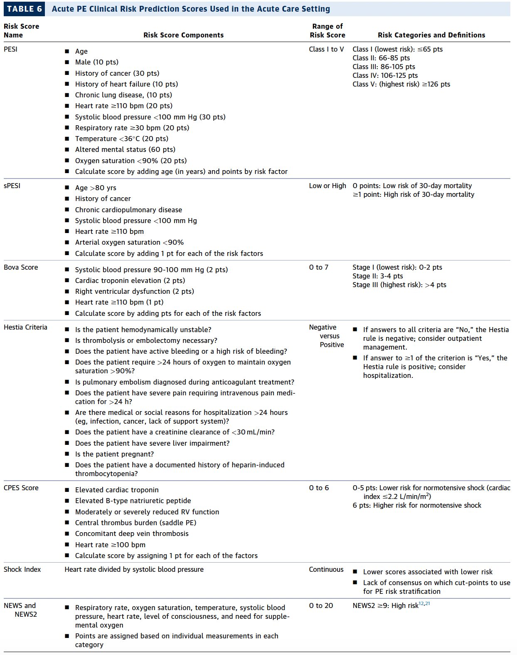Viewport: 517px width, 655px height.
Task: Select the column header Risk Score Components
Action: pyautogui.click(x=183, y=35)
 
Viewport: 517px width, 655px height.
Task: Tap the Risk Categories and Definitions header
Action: pyautogui.click(x=431, y=35)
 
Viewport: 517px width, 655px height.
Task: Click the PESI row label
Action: pyautogui.click(x=10, y=49)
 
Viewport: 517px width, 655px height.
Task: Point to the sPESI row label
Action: pyautogui.click(x=12, y=186)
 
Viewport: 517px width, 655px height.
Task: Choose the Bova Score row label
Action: pyautogui.click(x=21, y=267)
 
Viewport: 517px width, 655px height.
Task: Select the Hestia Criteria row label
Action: pyautogui.click(x=25, y=327)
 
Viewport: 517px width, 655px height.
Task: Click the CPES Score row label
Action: pyautogui.click(x=21, y=488)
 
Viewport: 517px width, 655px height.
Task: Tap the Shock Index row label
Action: pyautogui.click(x=22, y=569)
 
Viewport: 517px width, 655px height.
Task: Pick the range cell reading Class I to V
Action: pyautogui.click(x=326, y=49)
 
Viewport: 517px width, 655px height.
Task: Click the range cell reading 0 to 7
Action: pyautogui.click(x=318, y=267)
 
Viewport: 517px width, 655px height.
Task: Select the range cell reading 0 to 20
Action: pyautogui.click(x=321, y=605)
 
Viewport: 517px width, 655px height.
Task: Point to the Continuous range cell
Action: pyautogui.click(x=326, y=569)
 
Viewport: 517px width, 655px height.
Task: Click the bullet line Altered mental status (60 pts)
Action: pyautogui.click(x=125, y=149)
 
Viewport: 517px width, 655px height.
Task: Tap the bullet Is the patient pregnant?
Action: pyautogui.click(x=114, y=454)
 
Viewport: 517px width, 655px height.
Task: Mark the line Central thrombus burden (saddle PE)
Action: pyautogui.click(x=135, y=523)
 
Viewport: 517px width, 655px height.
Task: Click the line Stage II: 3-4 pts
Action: pyautogui.click(x=377, y=276)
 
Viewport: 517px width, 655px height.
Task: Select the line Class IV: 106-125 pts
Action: pyautogui.click(x=385, y=75)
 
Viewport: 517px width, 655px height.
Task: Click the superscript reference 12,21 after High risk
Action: pyautogui.click(x=424, y=603)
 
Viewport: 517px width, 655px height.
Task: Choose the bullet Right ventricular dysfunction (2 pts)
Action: pyautogui.click(x=134, y=291)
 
